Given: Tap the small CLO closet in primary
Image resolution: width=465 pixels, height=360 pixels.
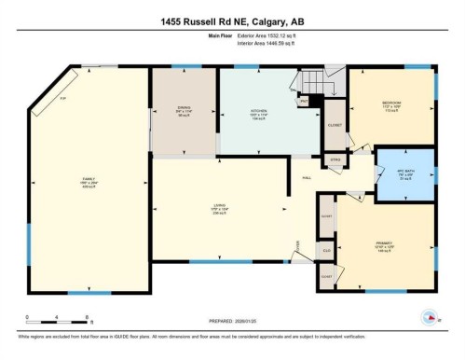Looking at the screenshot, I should pyautogui.click(x=326, y=251).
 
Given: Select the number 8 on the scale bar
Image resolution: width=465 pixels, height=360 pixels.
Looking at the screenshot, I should pyautogui.click(x=87, y=317).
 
